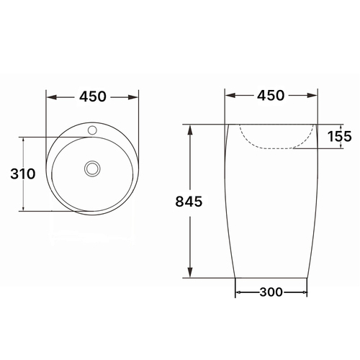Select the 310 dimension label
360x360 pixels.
point(24,174)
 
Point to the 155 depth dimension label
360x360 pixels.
point(341,136)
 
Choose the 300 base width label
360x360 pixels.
point(271,292)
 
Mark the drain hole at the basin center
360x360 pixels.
point(91,168)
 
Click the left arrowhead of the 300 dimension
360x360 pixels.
point(240,292)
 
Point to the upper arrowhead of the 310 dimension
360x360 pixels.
point(24,142)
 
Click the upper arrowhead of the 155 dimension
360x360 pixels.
point(341,127)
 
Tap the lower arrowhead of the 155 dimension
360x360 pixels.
point(341,146)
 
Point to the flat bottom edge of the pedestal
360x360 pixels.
point(271,276)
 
